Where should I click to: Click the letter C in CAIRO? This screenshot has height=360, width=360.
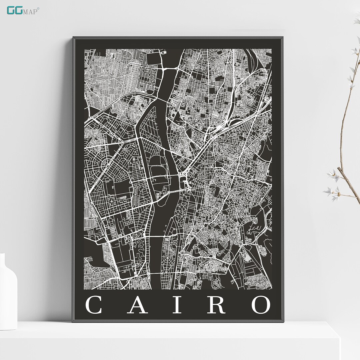pyautogui.click(x=94, y=305)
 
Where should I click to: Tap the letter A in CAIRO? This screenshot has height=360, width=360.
pyautogui.click(x=137, y=305)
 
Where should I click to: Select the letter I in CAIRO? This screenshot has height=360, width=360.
pyautogui.click(x=178, y=305)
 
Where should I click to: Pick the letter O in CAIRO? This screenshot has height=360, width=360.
pyautogui.click(x=261, y=305)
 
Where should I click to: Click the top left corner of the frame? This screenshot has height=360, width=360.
pyautogui.click(x=74, y=38)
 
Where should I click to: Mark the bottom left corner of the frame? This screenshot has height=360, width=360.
pyautogui.click(x=73, y=321)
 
